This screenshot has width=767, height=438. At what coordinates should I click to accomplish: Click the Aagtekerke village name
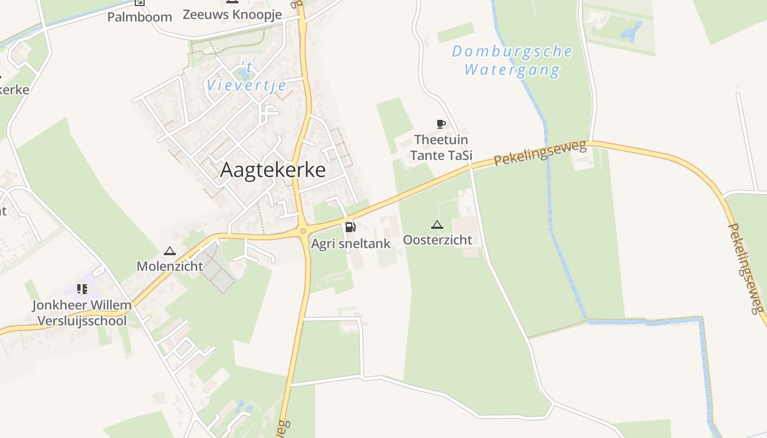[x=273, y=170]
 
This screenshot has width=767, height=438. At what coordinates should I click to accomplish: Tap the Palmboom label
[x=140, y=17]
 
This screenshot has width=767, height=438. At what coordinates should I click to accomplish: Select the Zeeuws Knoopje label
[x=232, y=15]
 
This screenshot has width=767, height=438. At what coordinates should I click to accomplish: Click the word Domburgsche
[x=512, y=52]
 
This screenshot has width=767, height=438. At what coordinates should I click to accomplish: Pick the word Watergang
[x=512, y=70]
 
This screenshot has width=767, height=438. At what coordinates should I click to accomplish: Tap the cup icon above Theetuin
[x=440, y=124]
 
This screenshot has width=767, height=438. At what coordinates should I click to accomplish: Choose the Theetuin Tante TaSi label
[x=441, y=148]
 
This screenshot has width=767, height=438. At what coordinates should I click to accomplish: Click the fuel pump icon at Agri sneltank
[x=350, y=227]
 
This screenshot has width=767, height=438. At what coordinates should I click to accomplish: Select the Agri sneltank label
[x=351, y=244]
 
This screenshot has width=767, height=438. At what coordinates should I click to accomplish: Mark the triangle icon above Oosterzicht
[x=437, y=224]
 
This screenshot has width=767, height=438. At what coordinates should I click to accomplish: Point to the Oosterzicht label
[x=437, y=240]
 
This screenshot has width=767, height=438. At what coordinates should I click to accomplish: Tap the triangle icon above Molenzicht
[x=170, y=251]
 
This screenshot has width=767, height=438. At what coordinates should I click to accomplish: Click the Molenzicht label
[x=170, y=267]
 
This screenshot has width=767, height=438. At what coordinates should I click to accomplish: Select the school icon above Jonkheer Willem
[x=82, y=289]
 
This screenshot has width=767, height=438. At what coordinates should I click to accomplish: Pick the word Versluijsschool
[x=82, y=321]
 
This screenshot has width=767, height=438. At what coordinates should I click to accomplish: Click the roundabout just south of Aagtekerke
[x=302, y=232]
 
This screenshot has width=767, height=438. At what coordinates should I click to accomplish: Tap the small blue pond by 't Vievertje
[x=243, y=73]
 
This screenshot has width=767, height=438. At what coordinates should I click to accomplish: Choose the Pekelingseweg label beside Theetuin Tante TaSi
[x=540, y=153]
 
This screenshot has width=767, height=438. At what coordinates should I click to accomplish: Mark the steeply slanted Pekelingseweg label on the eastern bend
[x=746, y=268]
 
